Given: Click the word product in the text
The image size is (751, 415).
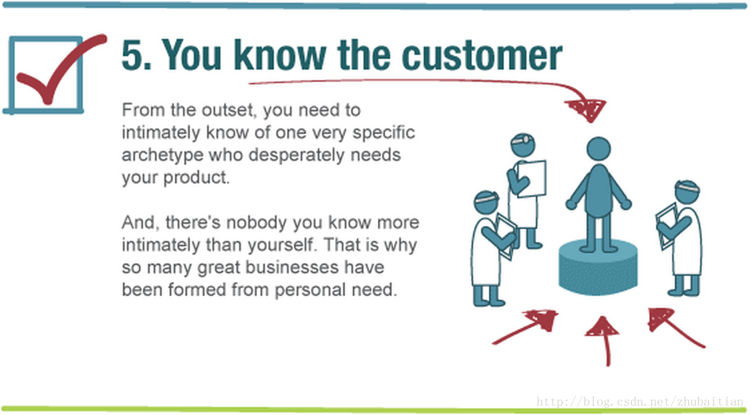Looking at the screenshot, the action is [196, 178].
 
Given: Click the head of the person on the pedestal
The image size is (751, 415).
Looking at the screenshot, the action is [599, 149].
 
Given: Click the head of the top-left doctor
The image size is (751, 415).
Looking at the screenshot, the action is [523, 145].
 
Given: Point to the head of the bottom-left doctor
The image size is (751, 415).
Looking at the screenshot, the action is [486, 202].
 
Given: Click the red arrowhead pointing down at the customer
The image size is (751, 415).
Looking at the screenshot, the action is [586, 109].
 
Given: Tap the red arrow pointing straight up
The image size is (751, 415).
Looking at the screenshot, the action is [604, 341].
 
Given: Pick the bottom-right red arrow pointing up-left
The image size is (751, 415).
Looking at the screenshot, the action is [676, 327].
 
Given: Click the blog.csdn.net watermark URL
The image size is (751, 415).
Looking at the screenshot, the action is [640, 402].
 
